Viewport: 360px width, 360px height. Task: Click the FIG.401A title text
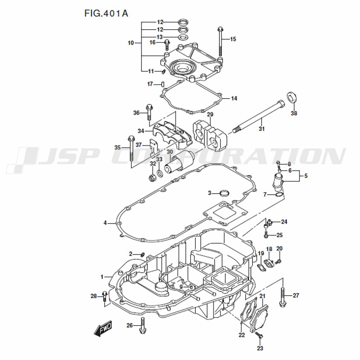coord(106,13)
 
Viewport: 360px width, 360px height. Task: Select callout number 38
coord(294,113)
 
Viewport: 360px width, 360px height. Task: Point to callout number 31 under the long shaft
coord(262,129)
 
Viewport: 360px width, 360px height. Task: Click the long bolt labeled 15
coord(220,41)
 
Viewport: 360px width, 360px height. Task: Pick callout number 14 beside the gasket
coord(234,99)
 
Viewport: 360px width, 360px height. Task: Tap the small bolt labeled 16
coord(167,45)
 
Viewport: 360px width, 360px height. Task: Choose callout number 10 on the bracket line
coord(131,43)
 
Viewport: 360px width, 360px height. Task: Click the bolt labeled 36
coord(149,112)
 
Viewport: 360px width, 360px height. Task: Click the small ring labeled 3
coord(225,193)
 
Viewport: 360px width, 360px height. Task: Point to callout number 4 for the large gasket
coord(105,223)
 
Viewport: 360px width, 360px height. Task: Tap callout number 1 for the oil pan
coord(102,277)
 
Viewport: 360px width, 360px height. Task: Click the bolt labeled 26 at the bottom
coord(142,325)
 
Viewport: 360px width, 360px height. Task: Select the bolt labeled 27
coord(283,297)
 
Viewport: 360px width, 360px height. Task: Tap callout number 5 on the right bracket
coord(306,176)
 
